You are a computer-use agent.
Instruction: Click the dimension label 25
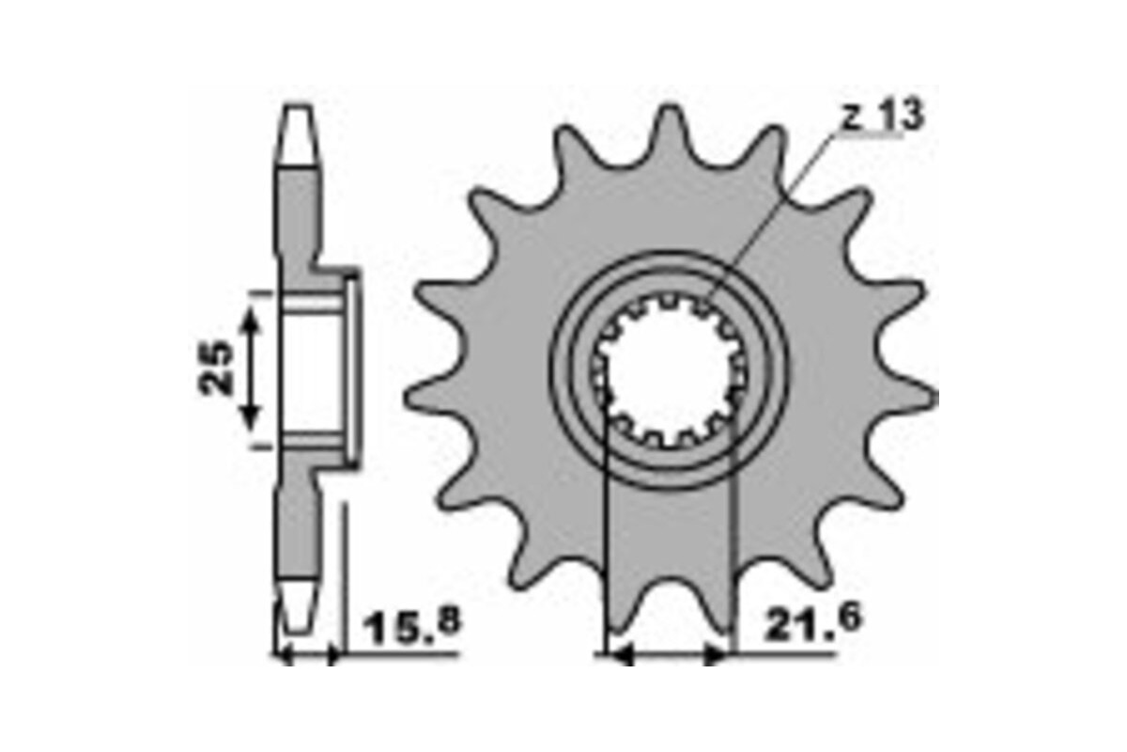(x=218, y=367)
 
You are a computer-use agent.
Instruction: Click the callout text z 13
(x=881, y=117)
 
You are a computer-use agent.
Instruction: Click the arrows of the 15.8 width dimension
(x=308, y=655)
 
